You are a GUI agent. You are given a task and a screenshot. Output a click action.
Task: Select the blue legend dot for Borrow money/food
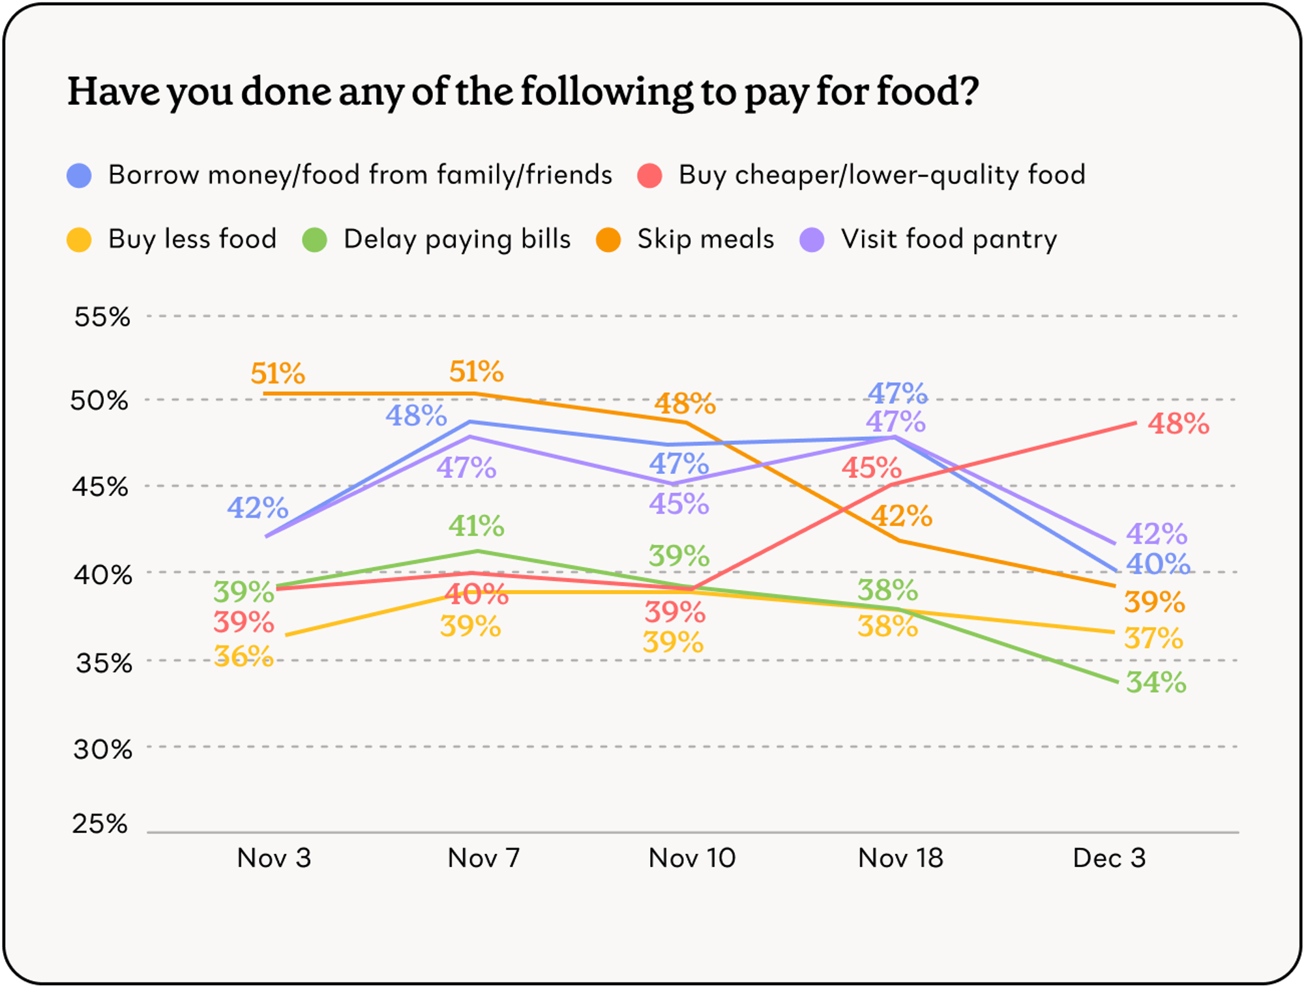(x=79, y=176)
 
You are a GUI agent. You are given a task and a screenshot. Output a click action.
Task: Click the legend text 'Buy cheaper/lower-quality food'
(x=882, y=175)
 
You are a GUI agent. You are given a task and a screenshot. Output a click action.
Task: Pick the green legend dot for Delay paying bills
(x=315, y=240)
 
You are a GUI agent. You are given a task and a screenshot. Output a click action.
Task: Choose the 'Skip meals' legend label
(x=705, y=239)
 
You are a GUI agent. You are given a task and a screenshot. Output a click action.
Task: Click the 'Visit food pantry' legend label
(x=949, y=239)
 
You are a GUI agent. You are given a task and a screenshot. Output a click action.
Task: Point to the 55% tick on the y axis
(x=102, y=317)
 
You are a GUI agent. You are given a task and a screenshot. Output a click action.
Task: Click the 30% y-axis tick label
(x=102, y=750)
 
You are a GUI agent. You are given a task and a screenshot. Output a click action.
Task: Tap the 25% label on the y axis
(x=100, y=824)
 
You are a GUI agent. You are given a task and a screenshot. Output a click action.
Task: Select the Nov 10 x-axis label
(x=692, y=858)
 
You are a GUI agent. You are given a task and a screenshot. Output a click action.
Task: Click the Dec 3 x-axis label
(x=1109, y=858)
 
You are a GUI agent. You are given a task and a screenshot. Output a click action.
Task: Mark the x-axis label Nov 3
(x=274, y=858)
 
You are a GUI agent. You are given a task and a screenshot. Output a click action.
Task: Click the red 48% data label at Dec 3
(x=1178, y=424)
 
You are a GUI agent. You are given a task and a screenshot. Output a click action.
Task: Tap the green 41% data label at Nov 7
(x=476, y=526)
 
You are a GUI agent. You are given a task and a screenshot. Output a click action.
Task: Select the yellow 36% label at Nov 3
(x=244, y=656)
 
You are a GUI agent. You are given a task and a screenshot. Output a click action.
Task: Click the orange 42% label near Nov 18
(x=901, y=516)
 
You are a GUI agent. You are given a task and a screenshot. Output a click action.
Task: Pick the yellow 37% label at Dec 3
(x=1153, y=638)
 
